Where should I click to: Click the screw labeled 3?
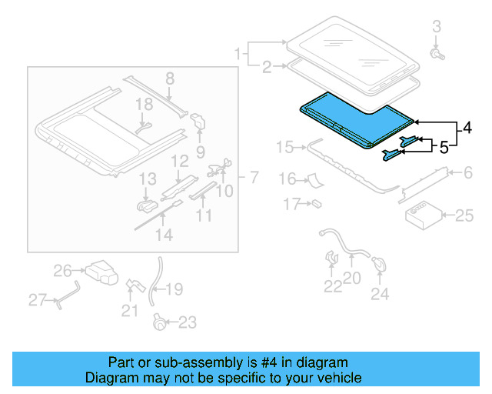(x=437, y=54)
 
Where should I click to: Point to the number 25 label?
(x=464, y=216)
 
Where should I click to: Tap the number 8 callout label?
(x=170, y=77)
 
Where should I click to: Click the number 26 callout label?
(x=61, y=270)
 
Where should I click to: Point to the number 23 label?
(x=187, y=322)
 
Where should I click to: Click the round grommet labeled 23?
(x=160, y=322)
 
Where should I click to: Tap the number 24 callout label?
(x=380, y=292)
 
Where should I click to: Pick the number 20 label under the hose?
(x=351, y=279)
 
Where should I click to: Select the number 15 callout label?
(x=284, y=147)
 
